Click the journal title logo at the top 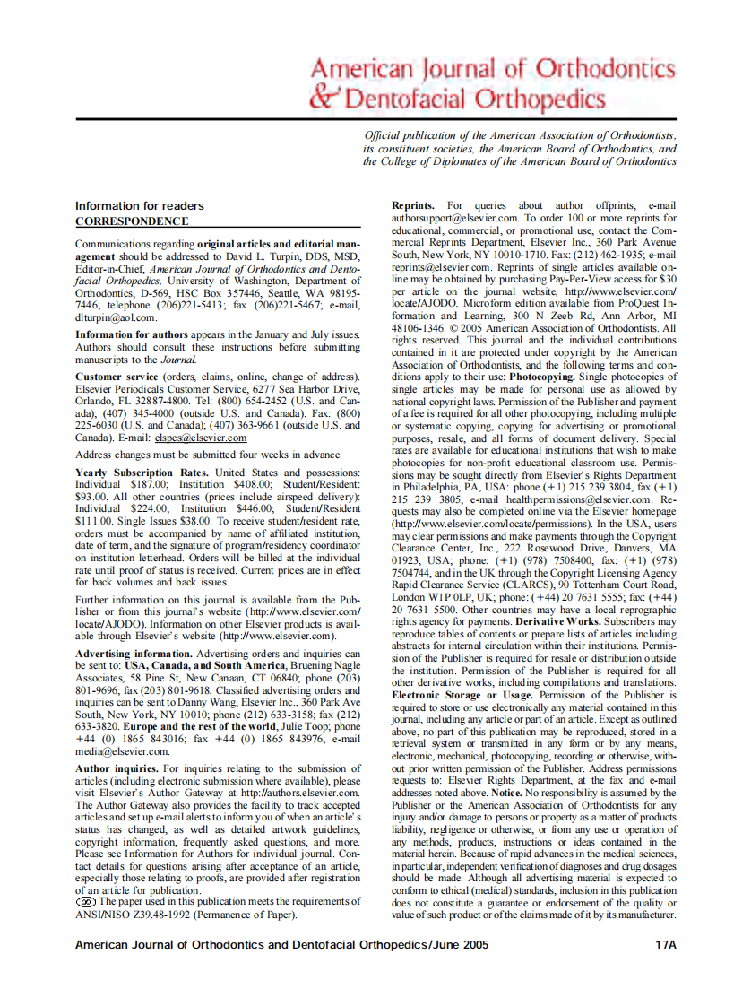tap(491, 84)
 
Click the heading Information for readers tap(139, 206)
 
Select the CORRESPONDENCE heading tap(132, 221)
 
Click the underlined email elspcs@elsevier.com tap(200, 438)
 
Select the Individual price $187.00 tap(149, 484)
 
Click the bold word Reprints tap(413, 206)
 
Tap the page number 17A tap(665, 944)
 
